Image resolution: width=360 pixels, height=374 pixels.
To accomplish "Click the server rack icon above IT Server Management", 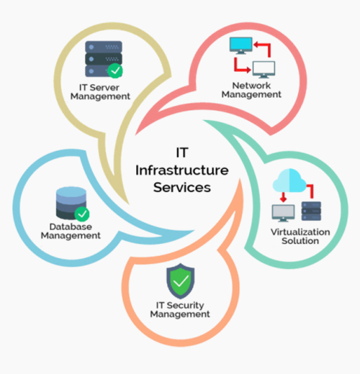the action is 104,59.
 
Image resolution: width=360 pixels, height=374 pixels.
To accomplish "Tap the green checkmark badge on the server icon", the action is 115,70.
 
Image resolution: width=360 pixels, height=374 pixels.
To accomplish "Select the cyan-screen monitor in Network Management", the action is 241,45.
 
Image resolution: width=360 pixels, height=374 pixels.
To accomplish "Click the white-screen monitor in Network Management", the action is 264,70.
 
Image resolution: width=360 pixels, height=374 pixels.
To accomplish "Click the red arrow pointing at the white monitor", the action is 239,67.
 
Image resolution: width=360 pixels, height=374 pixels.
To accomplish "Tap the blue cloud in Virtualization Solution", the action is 289,181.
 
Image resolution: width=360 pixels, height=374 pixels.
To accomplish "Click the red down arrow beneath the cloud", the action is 284,197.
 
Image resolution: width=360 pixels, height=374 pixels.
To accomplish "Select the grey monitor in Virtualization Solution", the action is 283,213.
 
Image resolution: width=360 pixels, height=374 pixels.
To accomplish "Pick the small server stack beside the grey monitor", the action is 311,211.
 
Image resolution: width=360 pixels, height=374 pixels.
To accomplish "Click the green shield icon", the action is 181,281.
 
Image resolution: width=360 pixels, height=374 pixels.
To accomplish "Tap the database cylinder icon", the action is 71,203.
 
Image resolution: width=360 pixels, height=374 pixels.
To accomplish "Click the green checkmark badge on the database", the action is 82,214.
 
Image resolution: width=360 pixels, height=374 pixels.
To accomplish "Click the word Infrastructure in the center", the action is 182,170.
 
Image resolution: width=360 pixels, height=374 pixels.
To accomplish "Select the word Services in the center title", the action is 182,188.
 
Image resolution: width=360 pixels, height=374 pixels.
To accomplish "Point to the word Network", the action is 251,86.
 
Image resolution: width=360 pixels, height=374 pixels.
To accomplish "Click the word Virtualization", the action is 300,232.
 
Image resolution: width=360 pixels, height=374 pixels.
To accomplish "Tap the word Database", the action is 71,227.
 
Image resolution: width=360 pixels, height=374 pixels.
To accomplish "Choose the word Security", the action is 185,306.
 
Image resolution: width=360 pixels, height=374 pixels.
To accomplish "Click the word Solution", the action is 300,241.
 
